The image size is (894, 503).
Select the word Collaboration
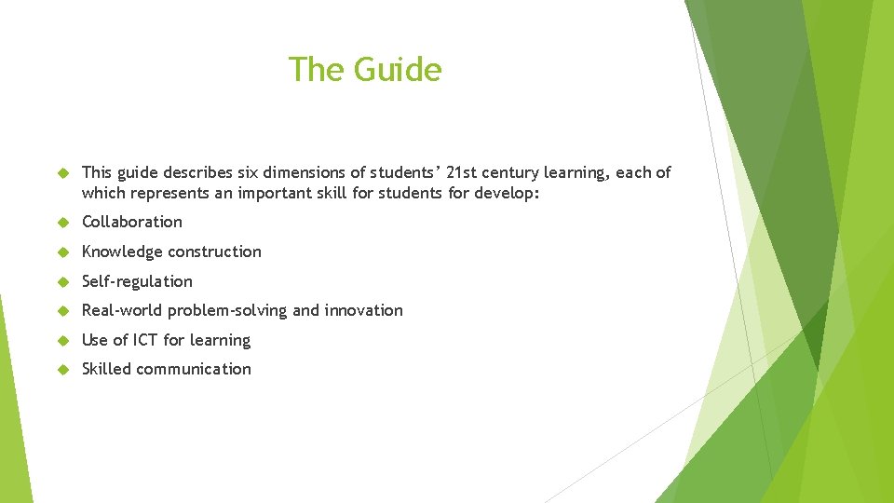pos(132,222)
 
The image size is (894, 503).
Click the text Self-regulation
pos(137,281)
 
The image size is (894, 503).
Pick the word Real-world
pos(121,310)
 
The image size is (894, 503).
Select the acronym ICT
pos(145,340)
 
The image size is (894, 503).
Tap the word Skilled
pos(107,369)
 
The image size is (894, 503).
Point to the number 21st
pos(465,172)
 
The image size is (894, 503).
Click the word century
pos(518,172)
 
